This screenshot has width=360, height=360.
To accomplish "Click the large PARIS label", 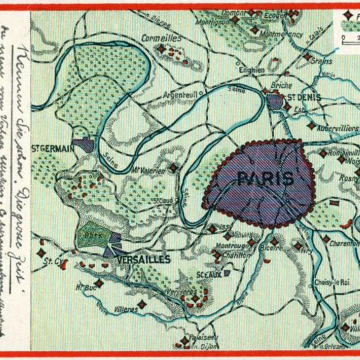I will [265, 178].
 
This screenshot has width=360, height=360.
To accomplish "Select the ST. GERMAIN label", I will [53, 149].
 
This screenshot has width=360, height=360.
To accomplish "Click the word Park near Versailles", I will [90, 236].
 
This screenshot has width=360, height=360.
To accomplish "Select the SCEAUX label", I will [201, 273].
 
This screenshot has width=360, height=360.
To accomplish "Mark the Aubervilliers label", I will [336, 124].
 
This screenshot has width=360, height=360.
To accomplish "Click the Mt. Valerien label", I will [147, 169].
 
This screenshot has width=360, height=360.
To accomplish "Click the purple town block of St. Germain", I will [83, 143].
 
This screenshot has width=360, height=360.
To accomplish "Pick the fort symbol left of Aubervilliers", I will [311, 125].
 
